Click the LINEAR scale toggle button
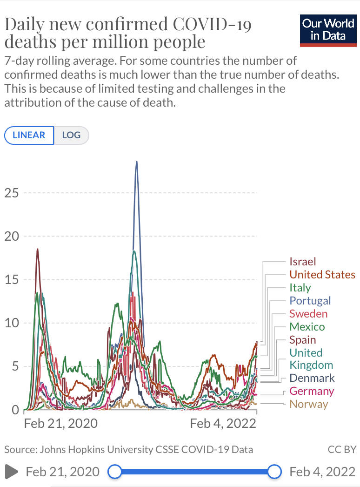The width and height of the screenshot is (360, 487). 29,135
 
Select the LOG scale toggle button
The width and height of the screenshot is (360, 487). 71,135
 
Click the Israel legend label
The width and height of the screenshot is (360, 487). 302,262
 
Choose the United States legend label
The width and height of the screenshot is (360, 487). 322,275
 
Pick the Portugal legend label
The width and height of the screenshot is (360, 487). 310,301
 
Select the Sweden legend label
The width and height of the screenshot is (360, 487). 308,314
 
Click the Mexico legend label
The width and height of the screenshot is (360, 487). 307,327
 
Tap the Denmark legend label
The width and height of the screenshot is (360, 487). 312,378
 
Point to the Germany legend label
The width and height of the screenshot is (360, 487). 311,391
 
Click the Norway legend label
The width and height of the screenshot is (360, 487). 308,404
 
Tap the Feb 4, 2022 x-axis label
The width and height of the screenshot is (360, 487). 223,423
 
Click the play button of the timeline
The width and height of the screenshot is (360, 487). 12,472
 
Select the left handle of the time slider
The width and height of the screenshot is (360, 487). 114,472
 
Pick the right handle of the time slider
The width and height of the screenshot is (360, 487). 275,472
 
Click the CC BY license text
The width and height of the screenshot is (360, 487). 342,450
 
